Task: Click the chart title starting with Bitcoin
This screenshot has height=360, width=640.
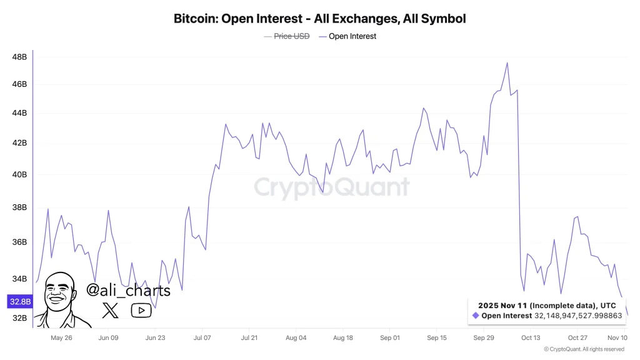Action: tap(319, 19)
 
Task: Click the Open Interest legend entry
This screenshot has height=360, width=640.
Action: tap(352, 36)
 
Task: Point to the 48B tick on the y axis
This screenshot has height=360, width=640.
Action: tap(19, 57)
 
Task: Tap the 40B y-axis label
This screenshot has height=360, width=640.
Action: tap(19, 174)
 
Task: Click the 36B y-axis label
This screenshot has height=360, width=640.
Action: tap(19, 242)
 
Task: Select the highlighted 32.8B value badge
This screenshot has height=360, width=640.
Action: tap(19, 302)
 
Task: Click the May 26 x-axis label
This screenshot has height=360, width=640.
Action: tap(61, 338)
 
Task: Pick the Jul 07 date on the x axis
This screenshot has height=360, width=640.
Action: tap(202, 338)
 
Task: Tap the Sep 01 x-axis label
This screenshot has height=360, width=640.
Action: tap(389, 338)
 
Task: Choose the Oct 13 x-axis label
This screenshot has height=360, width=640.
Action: tap(530, 338)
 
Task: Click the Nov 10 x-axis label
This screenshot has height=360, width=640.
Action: tap(617, 338)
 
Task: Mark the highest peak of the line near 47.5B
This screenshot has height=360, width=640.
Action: tap(507, 62)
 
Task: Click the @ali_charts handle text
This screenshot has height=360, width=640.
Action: tap(128, 291)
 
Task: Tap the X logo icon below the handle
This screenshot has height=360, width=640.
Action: tap(110, 310)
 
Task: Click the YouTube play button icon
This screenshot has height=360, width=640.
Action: tap(141, 310)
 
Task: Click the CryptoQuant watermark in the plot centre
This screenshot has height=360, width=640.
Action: tap(332, 187)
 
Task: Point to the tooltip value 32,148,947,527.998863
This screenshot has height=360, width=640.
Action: tap(578, 316)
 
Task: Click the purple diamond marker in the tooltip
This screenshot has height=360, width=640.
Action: tap(476, 316)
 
